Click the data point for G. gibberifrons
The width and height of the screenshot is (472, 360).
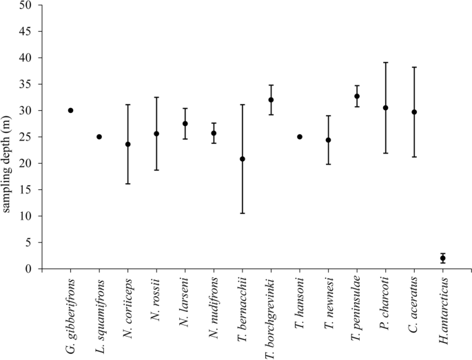(x=70, y=110)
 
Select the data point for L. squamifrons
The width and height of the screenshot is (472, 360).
(x=99, y=136)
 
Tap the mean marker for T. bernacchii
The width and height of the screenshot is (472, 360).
(x=242, y=159)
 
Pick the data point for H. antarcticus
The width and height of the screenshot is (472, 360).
(x=443, y=258)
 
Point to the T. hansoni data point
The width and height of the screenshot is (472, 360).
(x=300, y=136)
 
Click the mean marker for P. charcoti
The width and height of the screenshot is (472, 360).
(x=386, y=107)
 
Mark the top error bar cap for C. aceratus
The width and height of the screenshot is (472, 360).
(x=414, y=67)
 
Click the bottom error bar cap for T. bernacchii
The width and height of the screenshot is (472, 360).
(x=242, y=213)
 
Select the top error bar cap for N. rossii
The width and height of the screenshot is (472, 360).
(x=156, y=97)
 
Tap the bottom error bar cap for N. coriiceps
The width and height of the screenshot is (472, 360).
(x=127, y=184)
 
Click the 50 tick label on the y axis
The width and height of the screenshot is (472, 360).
(x=25, y=6)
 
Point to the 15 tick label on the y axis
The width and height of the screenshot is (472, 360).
(x=25, y=190)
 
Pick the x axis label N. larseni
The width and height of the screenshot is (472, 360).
(x=185, y=300)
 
